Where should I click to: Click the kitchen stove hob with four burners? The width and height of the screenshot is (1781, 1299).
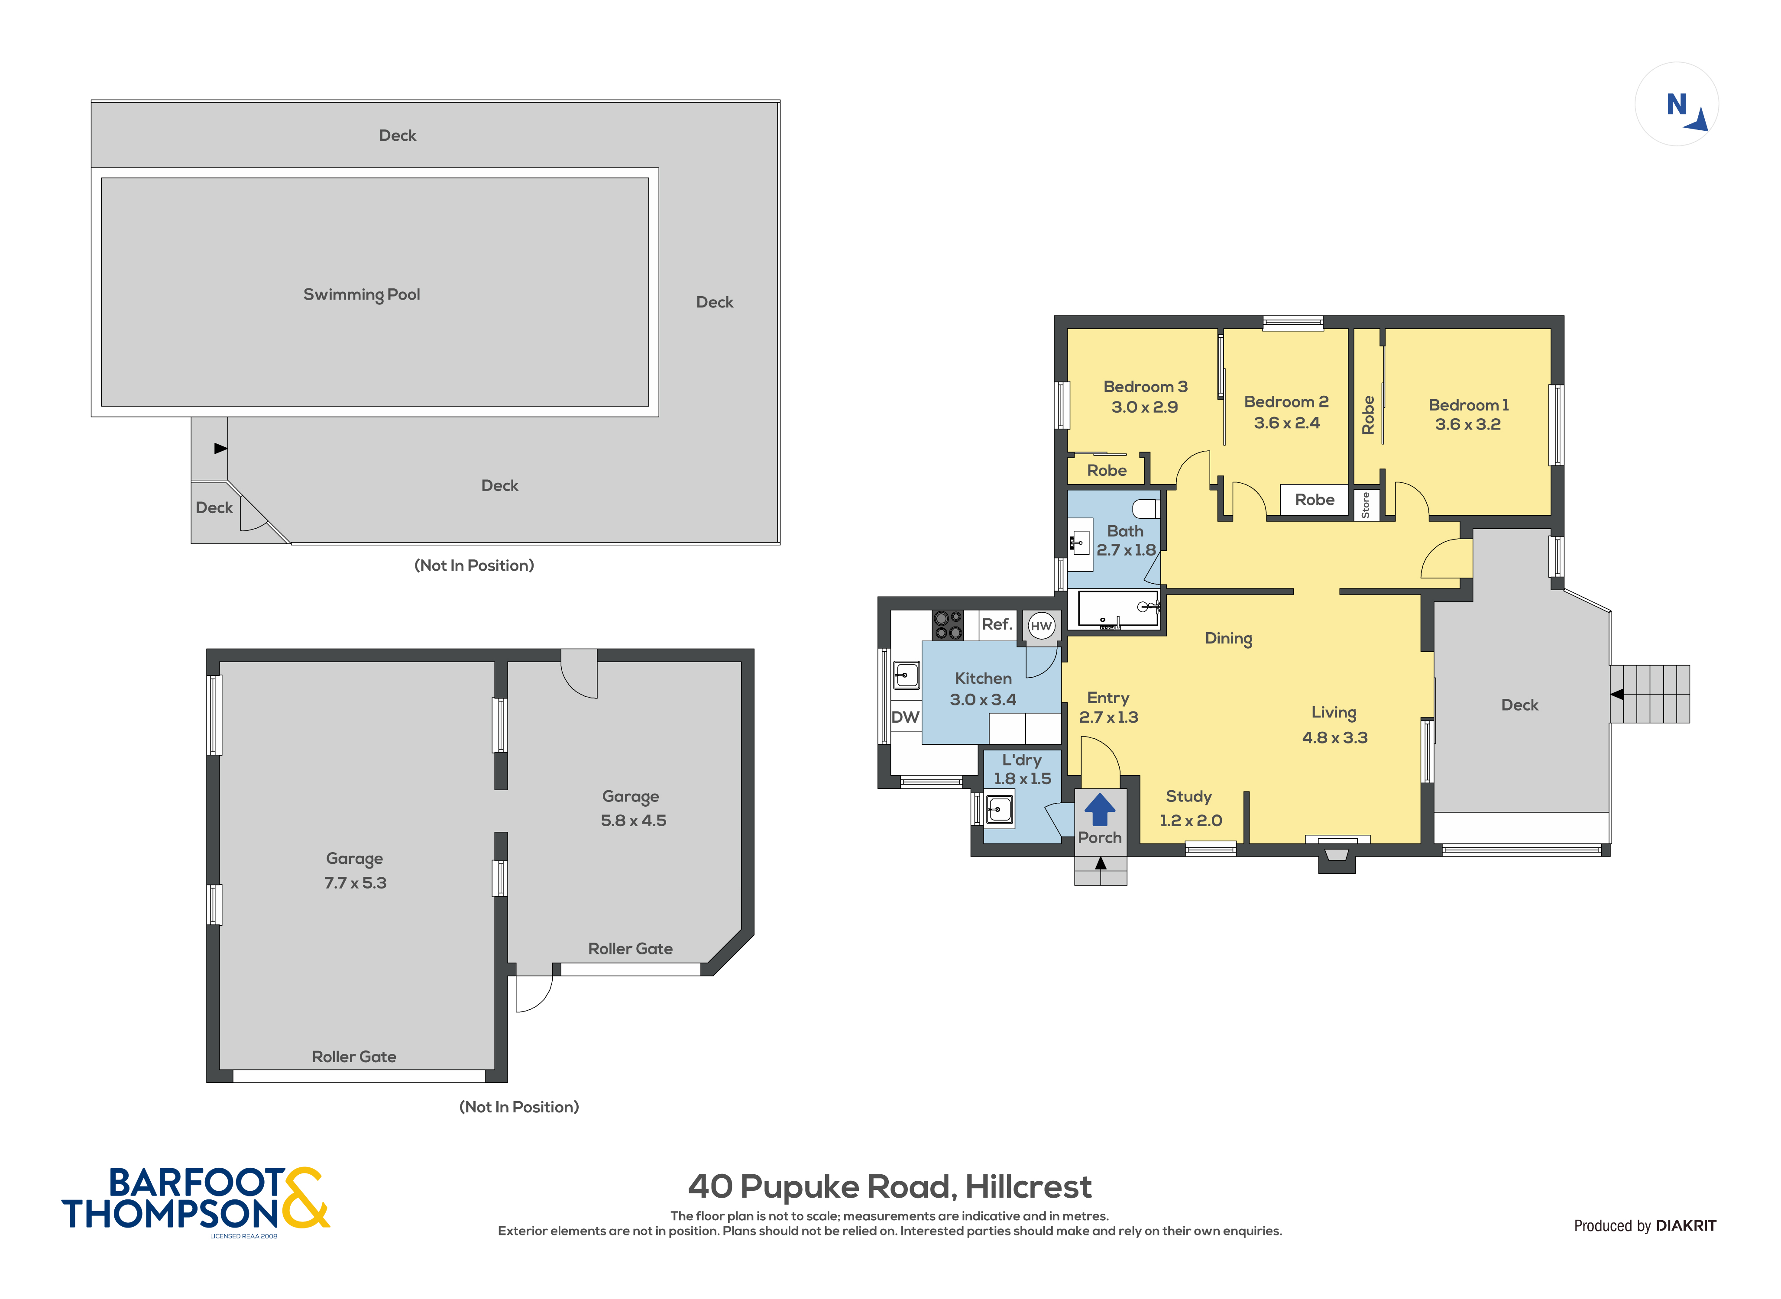click(x=948, y=625)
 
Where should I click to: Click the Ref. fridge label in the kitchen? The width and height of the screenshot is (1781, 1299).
click(x=996, y=624)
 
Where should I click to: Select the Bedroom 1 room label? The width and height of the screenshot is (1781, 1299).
click(x=1468, y=405)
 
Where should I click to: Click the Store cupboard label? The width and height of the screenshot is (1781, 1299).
click(x=1365, y=505)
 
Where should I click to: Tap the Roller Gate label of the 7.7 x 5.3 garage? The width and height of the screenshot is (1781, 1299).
click(x=354, y=1057)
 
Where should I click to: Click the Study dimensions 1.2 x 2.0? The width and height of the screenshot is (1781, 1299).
click(x=1191, y=821)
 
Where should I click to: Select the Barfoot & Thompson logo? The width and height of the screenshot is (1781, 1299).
click(x=195, y=1200)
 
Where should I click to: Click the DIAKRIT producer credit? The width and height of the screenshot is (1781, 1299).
click(x=1685, y=1225)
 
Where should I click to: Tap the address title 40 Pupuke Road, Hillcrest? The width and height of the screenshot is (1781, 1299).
click(x=889, y=1186)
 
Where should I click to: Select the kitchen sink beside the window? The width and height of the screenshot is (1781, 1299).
click(x=906, y=675)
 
